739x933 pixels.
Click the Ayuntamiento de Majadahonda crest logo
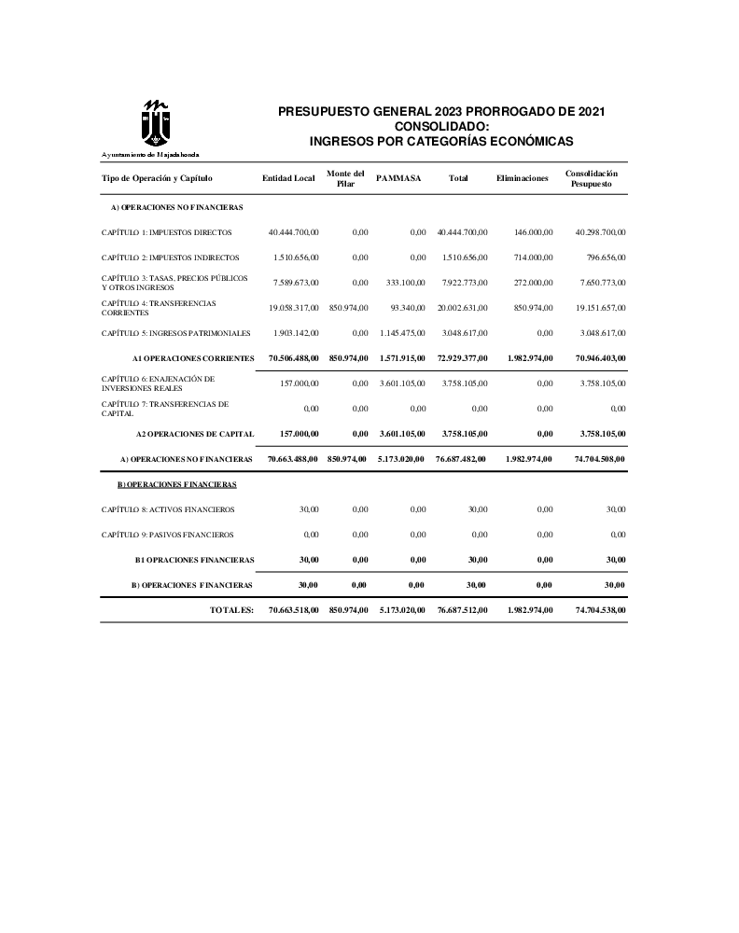(150, 122)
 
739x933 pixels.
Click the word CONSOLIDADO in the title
(441, 126)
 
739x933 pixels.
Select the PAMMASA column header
(398, 178)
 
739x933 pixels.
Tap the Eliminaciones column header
(523, 178)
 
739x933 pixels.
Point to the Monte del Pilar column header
(345, 178)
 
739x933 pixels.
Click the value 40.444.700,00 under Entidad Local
(293, 231)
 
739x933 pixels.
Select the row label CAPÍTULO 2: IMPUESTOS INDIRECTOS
(171, 257)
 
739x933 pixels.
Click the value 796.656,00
(602, 257)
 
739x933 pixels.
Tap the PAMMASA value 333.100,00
(405, 282)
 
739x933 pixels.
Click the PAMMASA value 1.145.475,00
(402, 332)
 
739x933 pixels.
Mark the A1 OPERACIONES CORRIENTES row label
(193, 357)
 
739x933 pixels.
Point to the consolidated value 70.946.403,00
(595, 357)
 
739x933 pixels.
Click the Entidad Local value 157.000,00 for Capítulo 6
(300, 383)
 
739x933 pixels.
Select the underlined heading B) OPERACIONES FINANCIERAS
(176, 484)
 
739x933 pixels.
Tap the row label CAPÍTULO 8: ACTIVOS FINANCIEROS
(168, 509)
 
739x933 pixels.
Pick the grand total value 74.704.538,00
(595, 609)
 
